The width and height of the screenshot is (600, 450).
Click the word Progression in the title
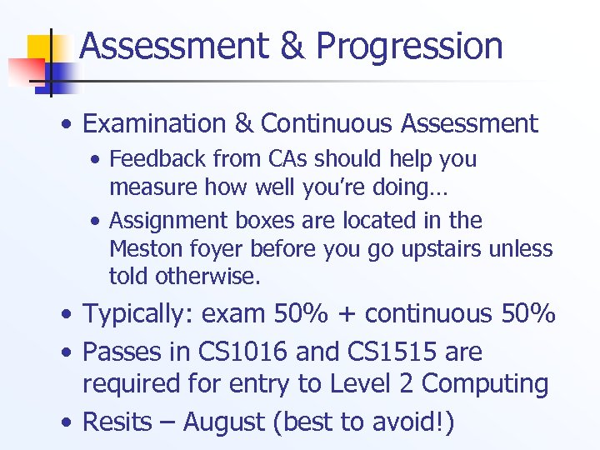coord(409,47)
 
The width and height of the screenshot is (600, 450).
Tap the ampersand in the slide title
coord(292,47)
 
